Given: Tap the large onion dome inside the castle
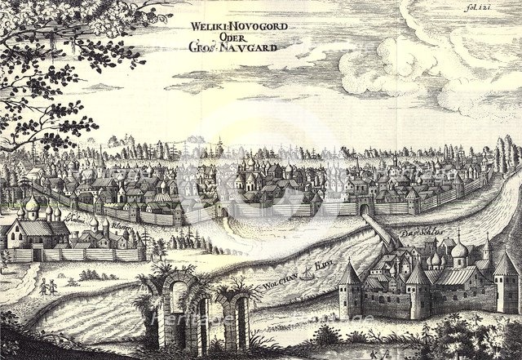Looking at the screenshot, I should point(459,249).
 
